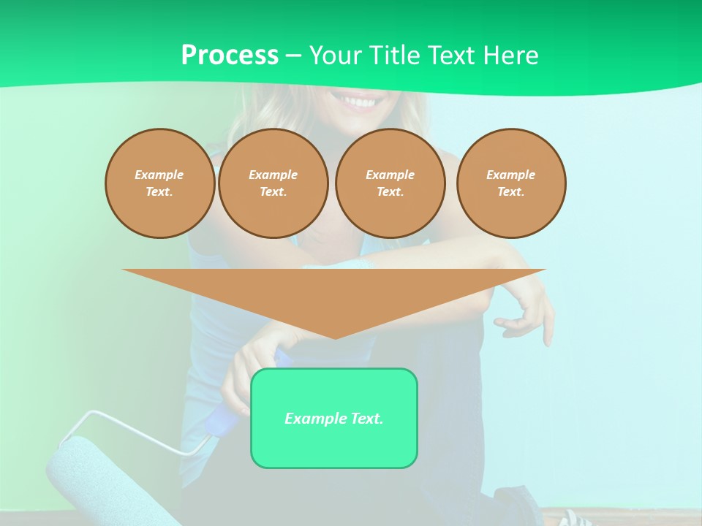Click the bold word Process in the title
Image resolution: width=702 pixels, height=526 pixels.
click(230, 56)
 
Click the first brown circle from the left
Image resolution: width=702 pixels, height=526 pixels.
click(159, 183)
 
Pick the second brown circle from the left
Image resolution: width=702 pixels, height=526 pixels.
click(273, 183)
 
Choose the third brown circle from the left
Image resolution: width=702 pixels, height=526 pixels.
click(390, 183)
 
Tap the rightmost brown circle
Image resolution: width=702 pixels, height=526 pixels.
click(510, 183)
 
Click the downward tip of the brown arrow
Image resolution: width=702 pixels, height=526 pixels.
click(335, 336)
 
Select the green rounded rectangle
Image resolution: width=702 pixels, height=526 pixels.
click(333, 446)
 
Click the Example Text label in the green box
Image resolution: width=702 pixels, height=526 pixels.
click(333, 419)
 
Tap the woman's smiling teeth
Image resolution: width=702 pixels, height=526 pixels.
click(358, 102)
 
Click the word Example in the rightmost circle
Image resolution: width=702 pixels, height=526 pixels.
click(510, 175)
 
